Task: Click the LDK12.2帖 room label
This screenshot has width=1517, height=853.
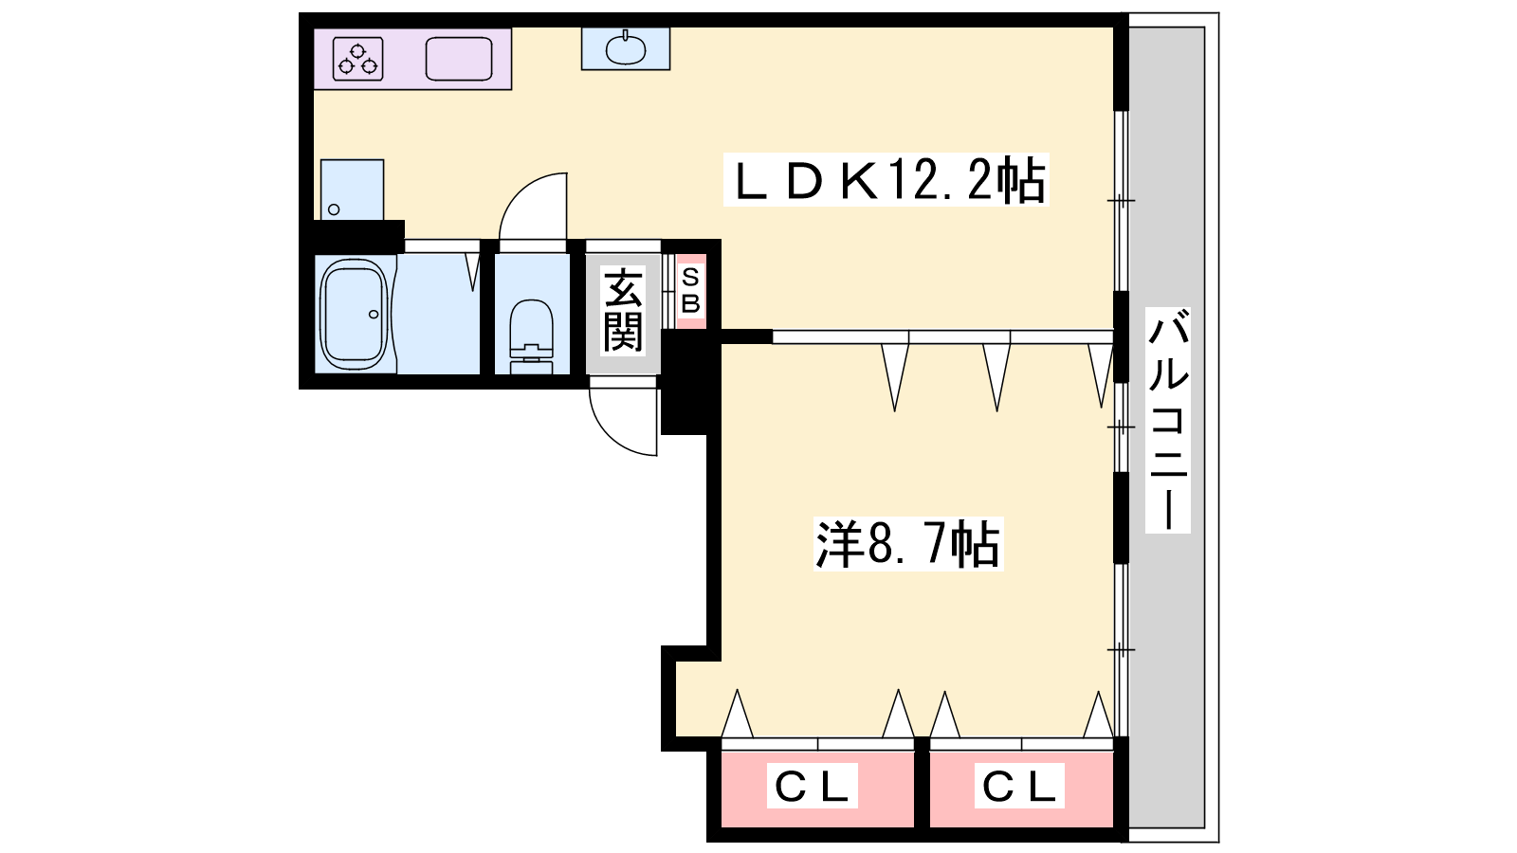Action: point(886,179)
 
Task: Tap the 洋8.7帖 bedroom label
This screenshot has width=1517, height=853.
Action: point(907,544)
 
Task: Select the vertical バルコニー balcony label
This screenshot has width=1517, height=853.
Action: point(1167,419)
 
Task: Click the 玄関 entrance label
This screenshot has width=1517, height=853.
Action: point(623,309)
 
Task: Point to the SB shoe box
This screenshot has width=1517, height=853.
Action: point(690,290)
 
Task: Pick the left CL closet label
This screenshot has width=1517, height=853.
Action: point(812,786)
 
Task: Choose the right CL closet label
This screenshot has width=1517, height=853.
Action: point(1019,786)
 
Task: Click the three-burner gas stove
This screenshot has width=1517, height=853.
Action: point(358,59)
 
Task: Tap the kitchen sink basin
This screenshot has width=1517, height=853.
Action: point(459,59)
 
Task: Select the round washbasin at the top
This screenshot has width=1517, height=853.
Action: point(625,48)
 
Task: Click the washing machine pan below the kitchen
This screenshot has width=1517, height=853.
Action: point(352,190)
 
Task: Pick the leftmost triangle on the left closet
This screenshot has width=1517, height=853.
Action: point(737,715)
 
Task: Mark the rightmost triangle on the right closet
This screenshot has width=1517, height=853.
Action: point(1098,715)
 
